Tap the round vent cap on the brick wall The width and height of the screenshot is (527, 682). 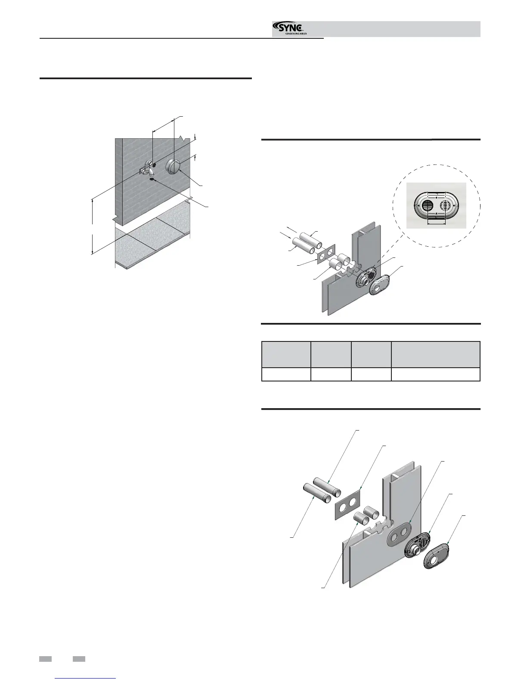tap(174, 166)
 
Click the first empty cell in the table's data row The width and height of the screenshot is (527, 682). tap(286, 374)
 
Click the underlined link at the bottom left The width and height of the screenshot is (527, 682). tap(86, 678)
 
